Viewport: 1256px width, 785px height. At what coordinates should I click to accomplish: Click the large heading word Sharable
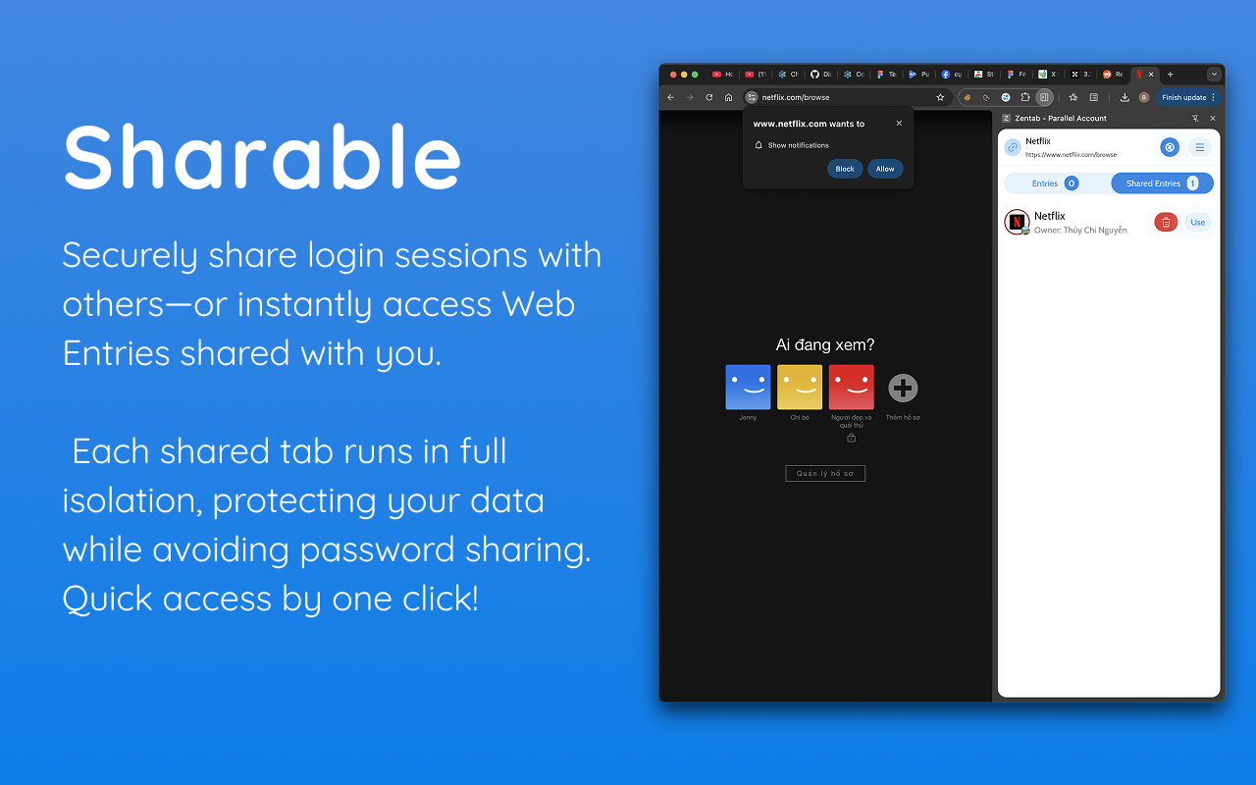coord(262,157)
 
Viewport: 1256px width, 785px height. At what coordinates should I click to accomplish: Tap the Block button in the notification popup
coord(845,169)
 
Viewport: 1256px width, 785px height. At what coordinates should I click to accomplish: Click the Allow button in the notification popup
coord(885,169)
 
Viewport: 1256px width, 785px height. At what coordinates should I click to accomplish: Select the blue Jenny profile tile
coord(748,387)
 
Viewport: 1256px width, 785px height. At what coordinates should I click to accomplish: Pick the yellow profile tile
coord(800,387)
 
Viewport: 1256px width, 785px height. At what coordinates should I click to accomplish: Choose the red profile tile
coord(851,387)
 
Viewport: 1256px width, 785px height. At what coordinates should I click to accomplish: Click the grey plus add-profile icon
coord(903,388)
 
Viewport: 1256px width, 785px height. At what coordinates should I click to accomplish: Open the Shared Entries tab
coord(1162,183)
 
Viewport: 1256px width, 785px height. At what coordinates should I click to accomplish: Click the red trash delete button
coord(1166,223)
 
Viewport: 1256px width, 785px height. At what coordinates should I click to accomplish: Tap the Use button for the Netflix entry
coord(1197,223)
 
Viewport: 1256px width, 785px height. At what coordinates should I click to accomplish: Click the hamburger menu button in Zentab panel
coord(1199,147)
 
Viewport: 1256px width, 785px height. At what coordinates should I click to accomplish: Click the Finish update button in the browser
coord(1184,97)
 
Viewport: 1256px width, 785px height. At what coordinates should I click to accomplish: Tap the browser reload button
coord(709,97)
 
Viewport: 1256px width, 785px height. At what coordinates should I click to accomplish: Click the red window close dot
coord(673,75)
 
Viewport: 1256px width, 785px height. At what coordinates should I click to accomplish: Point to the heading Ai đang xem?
coord(825,344)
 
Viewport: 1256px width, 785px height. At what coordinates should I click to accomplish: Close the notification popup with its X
coord(899,124)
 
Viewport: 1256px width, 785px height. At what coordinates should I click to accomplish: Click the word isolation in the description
coord(130,500)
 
